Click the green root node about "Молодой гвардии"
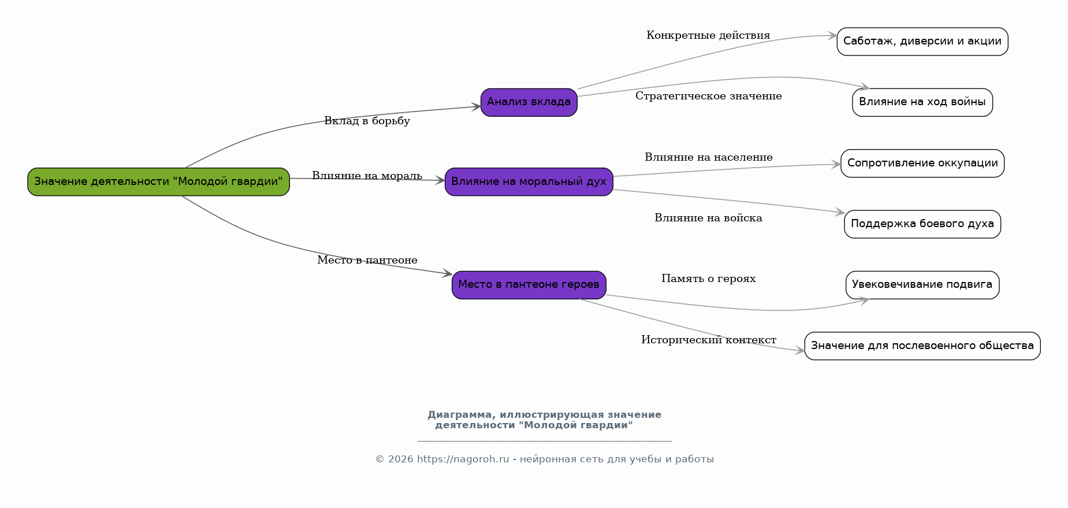click(x=158, y=182)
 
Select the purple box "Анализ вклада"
click(x=529, y=102)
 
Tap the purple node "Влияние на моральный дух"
click(x=529, y=182)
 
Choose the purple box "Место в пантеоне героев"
click(x=529, y=285)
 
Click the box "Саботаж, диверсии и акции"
click(x=922, y=42)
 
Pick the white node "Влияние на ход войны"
click(x=922, y=102)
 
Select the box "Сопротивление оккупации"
click(x=922, y=164)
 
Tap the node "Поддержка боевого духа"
click(x=922, y=224)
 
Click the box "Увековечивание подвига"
click(x=922, y=285)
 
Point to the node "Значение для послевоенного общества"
click(x=922, y=346)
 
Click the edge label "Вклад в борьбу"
click(x=367, y=121)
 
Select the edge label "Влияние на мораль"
click(x=367, y=176)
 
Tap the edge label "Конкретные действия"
click(x=708, y=35)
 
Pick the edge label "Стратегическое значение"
click(x=709, y=96)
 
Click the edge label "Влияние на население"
click(x=709, y=157)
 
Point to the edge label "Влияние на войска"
click(x=708, y=218)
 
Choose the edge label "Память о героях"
click(x=709, y=279)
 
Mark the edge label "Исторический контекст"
click(x=709, y=340)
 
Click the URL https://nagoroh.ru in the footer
click(x=463, y=459)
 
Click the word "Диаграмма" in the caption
click(x=461, y=415)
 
